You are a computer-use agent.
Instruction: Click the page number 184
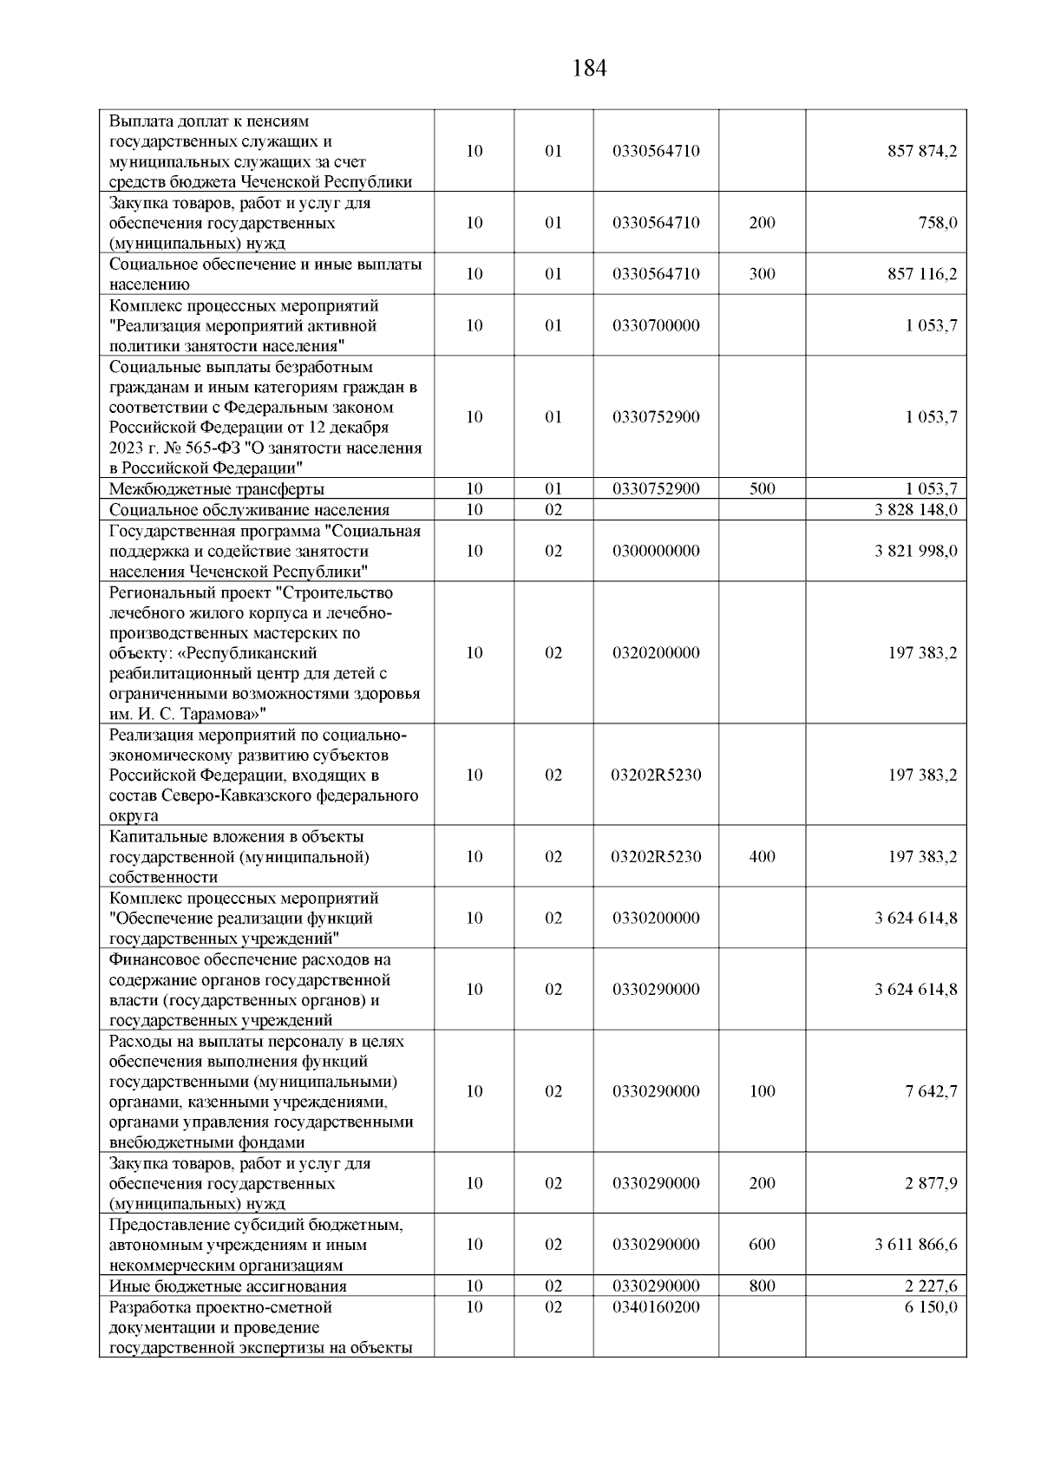(x=590, y=69)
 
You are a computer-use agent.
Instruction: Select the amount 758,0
(x=939, y=223)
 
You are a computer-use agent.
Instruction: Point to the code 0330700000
(x=656, y=325)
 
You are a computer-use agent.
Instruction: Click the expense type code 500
(x=762, y=489)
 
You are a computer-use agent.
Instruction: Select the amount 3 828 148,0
(x=916, y=510)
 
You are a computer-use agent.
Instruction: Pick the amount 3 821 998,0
(x=916, y=552)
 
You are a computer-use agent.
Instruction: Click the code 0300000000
(x=656, y=552)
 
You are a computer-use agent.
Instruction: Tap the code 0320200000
(x=656, y=653)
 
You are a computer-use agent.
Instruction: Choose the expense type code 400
(x=762, y=857)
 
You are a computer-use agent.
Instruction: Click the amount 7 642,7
(x=932, y=1092)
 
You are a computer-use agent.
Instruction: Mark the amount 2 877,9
(x=932, y=1184)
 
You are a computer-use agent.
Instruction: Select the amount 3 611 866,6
(x=916, y=1245)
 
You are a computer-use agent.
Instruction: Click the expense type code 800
(x=762, y=1286)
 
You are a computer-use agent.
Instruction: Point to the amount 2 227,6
(x=932, y=1286)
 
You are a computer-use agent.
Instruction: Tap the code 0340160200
(x=656, y=1307)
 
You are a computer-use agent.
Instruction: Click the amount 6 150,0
(x=932, y=1307)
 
